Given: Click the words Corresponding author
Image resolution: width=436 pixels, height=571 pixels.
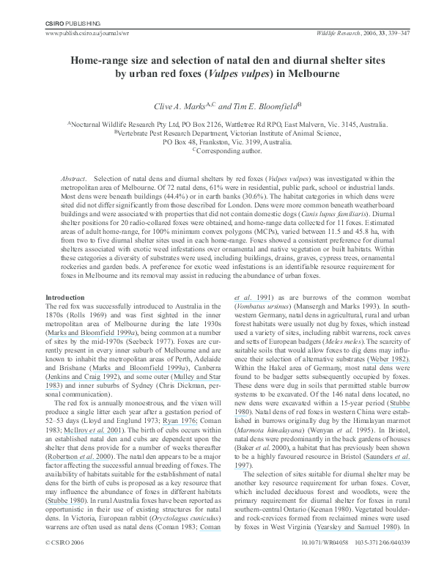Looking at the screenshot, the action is tap(221, 150).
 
